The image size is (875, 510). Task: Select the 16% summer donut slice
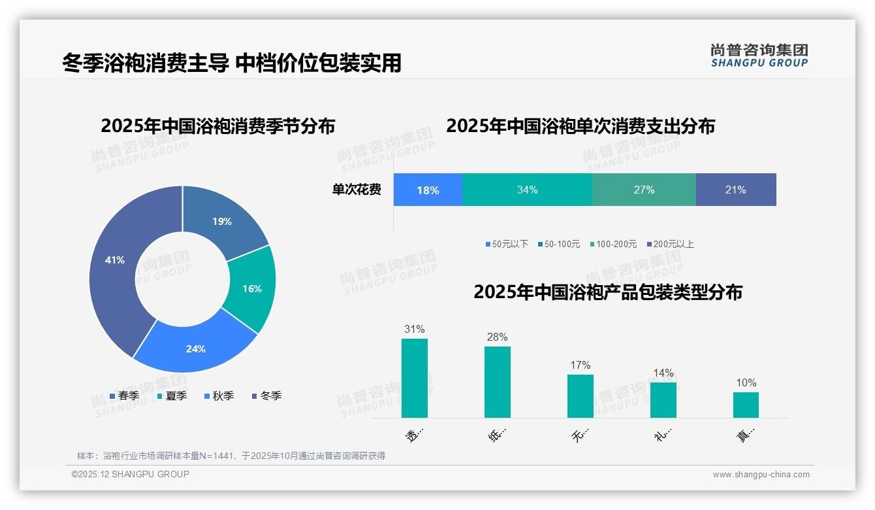click(x=251, y=288)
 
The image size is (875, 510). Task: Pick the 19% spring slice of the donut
click(x=222, y=222)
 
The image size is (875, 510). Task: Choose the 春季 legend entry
click(x=124, y=396)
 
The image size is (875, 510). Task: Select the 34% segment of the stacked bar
click(x=527, y=190)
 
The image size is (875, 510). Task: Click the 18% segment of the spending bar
click(x=428, y=190)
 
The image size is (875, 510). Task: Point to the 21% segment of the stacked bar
click(x=735, y=190)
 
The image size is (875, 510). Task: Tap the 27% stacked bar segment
click(x=644, y=190)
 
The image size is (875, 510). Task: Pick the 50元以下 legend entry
click(x=507, y=245)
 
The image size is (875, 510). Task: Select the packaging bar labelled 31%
click(x=415, y=378)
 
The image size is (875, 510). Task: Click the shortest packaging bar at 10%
click(x=746, y=405)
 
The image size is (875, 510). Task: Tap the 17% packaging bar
click(x=580, y=396)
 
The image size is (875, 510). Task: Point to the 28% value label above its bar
click(x=497, y=337)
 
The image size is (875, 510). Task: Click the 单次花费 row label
click(x=357, y=190)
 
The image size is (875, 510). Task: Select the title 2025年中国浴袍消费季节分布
click(x=217, y=126)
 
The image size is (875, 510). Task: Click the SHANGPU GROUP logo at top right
click(x=759, y=56)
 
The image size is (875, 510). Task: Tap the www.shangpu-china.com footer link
click(x=761, y=475)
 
